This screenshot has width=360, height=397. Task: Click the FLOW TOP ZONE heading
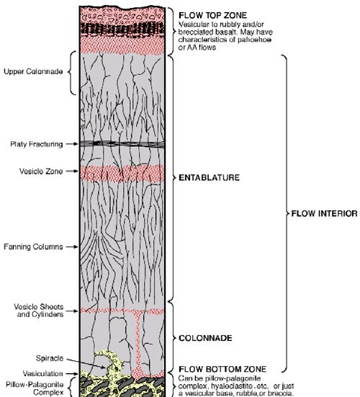[212, 15]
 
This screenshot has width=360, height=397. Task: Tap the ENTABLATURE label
[209, 177]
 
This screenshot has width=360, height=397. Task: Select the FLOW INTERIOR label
[324, 214]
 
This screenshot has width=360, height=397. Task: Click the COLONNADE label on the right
[205, 338]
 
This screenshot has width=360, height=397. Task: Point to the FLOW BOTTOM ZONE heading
[222, 369]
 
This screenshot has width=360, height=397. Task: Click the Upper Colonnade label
[33, 71]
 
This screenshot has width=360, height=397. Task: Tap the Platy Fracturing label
[37, 144]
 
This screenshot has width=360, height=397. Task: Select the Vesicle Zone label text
[41, 171]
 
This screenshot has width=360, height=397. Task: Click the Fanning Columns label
[33, 246]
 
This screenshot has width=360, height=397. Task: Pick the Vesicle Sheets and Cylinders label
[38, 311]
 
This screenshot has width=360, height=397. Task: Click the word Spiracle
[50, 358]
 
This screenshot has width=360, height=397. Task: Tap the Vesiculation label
[42, 374]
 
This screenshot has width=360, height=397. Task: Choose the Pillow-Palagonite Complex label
[35, 388]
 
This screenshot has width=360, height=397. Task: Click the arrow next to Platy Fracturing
[72, 144]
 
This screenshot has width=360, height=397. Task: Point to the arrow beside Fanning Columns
[72, 246]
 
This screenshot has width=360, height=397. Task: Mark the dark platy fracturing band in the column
[122, 143]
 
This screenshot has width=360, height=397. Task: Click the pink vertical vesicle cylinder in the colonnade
[138, 342]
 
